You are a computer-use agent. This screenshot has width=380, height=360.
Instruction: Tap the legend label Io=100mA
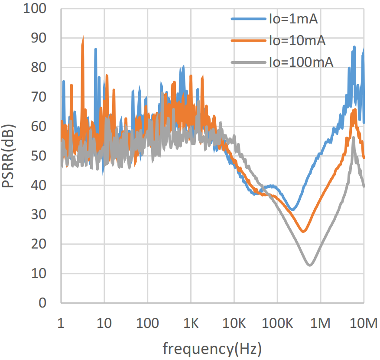301,62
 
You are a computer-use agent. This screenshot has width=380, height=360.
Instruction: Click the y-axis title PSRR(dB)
10,156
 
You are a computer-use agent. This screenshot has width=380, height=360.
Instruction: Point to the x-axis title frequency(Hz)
212,348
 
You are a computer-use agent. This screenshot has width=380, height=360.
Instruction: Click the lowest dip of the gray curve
310,265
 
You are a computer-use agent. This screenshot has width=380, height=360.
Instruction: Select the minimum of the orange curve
303,231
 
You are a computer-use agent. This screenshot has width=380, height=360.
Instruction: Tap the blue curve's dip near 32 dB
293,209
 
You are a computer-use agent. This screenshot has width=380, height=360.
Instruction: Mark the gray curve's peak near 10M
354,137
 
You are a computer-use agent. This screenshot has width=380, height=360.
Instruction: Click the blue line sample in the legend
248,19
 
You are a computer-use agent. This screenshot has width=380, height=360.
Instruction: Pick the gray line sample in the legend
248,62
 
